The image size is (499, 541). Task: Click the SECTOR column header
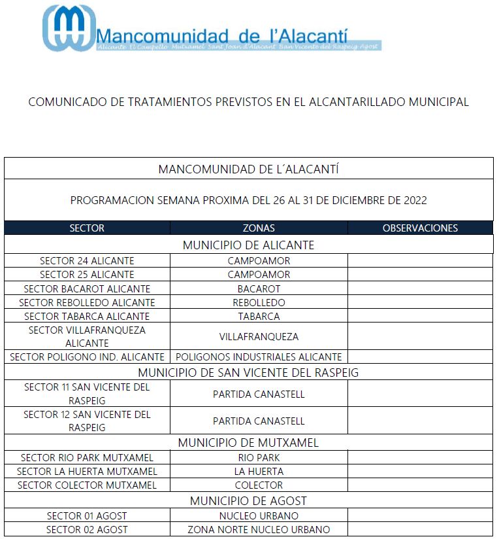point(87,228)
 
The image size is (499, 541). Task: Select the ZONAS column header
point(259,228)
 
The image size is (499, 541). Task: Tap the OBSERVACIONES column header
point(420,228)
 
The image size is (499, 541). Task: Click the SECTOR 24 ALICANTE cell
point(87,260)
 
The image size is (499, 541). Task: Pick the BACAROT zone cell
point(259,288)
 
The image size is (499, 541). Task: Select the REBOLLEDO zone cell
point(259,303)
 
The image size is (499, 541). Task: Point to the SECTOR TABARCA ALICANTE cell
point(87,317)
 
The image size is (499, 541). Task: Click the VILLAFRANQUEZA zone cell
point(259,337)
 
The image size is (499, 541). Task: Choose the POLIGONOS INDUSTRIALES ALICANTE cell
point(259,357)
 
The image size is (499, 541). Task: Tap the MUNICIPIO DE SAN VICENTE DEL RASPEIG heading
point(248,373)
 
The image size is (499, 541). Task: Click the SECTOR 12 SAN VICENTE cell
point(87,421)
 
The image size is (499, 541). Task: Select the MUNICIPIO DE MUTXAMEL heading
point(248,443)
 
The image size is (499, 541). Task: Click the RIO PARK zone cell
point(259,457)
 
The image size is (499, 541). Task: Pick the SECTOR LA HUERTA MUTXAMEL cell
point(87,471)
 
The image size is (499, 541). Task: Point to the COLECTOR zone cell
point(259,485)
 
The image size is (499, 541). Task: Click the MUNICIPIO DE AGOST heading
point(248,501)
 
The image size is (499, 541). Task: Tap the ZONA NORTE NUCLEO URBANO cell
point(259,530)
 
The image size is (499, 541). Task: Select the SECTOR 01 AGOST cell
point(87,516)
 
